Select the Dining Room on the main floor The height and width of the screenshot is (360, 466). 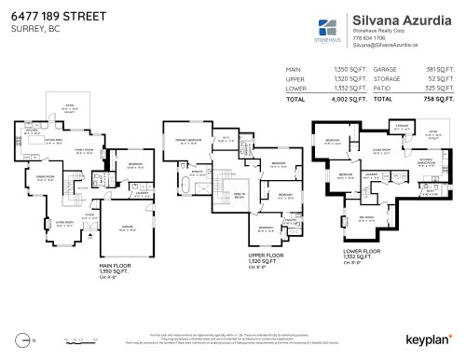46,176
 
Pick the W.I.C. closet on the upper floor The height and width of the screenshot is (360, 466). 224,142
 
